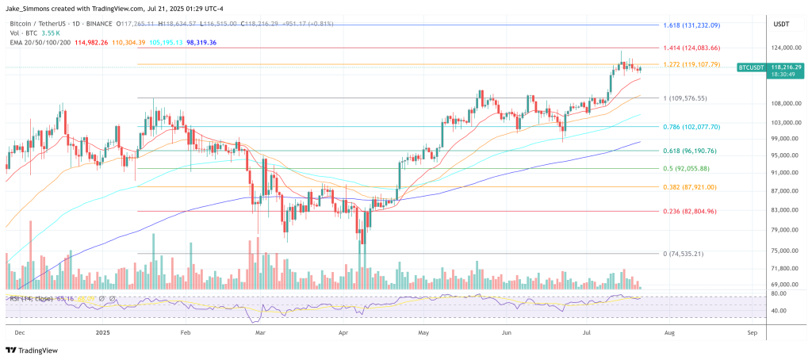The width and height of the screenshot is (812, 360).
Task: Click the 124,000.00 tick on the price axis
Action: pos(783,48)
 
